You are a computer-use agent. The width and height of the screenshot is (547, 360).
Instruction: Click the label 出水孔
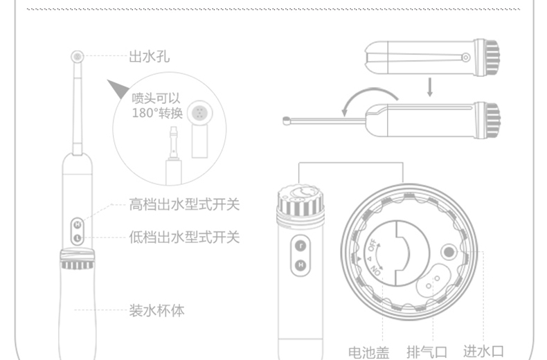[149, 57]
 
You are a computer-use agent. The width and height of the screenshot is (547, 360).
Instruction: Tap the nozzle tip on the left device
[77, 56]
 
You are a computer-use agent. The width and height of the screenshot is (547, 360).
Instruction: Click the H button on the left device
[77, 224]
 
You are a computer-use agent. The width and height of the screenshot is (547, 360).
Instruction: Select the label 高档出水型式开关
[184, 205]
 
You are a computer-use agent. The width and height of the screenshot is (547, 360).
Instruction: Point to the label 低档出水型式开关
[184, 237]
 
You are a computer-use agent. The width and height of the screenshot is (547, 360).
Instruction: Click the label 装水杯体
[157, 310]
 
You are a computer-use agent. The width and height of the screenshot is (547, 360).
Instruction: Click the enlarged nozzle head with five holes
[201, 113]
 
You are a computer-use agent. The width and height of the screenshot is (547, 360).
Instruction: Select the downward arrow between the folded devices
[429, 87]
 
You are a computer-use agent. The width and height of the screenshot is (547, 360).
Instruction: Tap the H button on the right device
[301, 264]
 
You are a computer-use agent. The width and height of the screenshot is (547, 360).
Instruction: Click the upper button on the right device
[301, 244]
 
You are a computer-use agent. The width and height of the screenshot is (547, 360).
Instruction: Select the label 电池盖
[368, 352]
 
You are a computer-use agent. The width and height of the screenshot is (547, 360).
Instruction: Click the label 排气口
[427, 352]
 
